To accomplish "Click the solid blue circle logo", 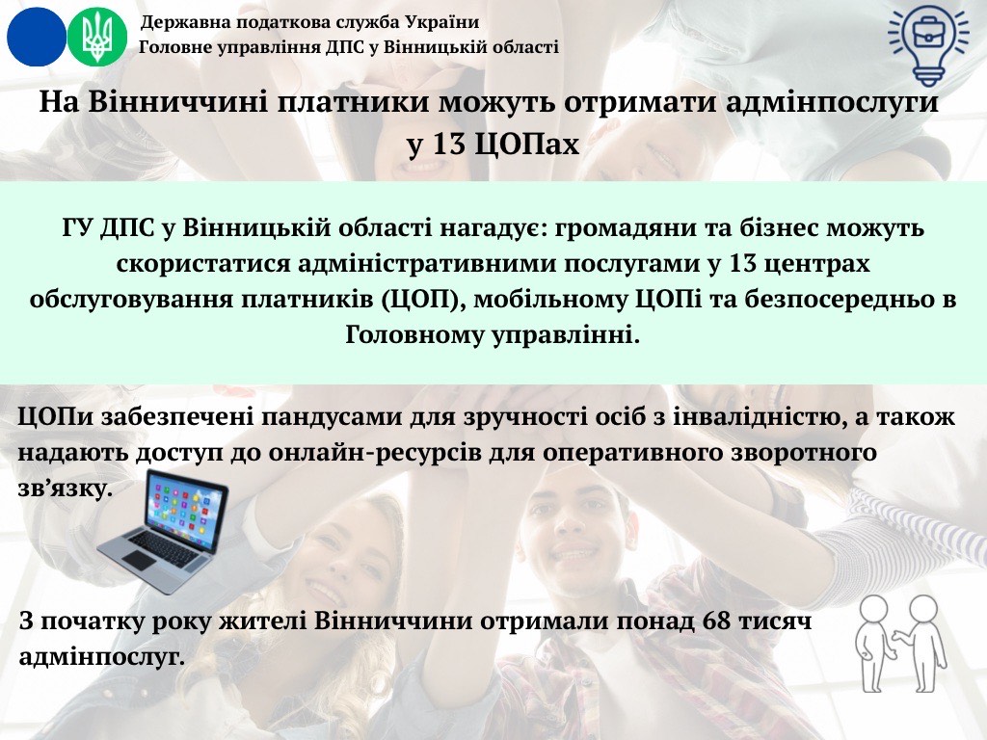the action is point(37,37).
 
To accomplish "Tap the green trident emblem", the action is point(97,37).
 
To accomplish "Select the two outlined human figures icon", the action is point(901,643).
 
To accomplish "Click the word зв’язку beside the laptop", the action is point(66,489).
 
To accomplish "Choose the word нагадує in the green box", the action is point(489,227).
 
